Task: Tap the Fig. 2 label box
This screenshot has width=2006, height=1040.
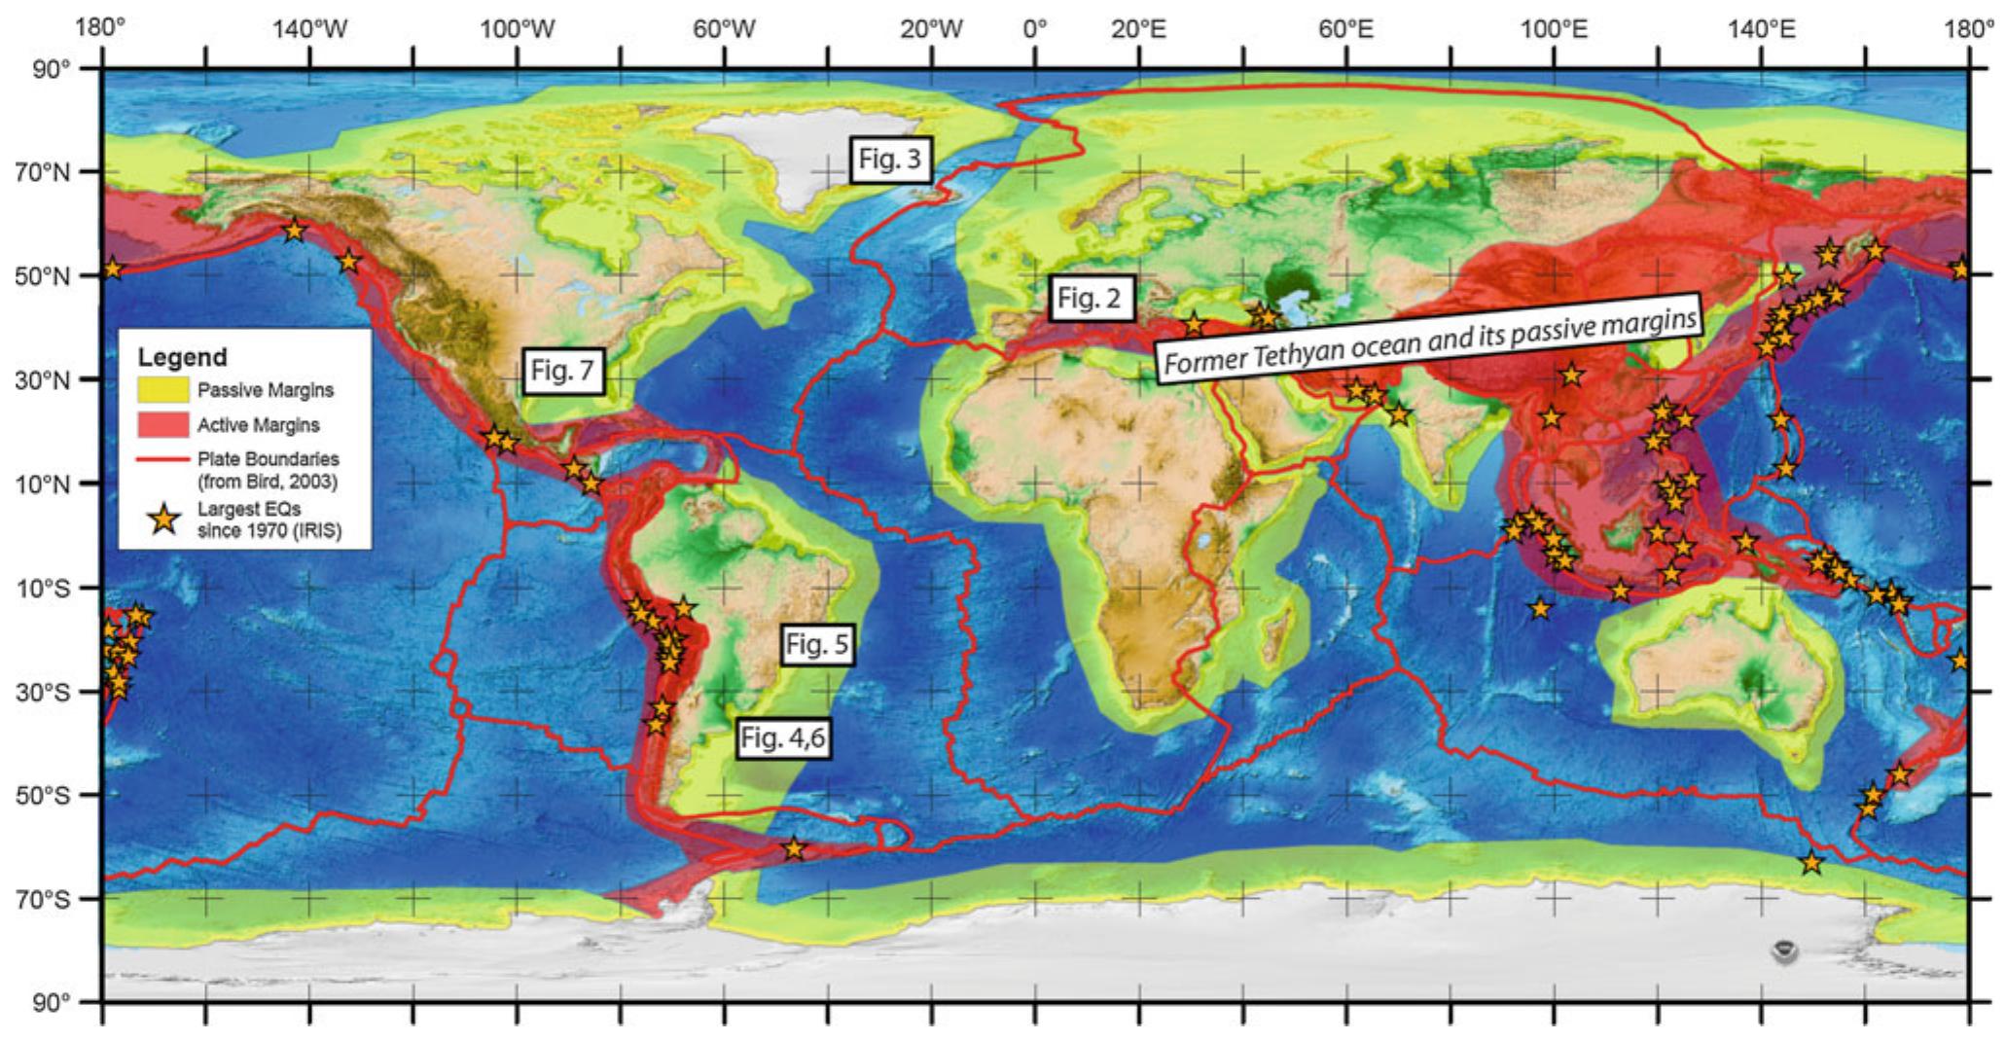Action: (x=1091, y=300)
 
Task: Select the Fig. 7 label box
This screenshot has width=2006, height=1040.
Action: (x=562, y=371)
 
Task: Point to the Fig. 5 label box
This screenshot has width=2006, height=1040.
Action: (x=816, y=644)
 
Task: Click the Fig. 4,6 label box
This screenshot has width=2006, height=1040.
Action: (x=782, y=738)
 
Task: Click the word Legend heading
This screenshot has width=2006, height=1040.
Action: (x=182, y=357)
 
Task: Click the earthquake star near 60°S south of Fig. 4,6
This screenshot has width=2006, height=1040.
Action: (x=794, y=848)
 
